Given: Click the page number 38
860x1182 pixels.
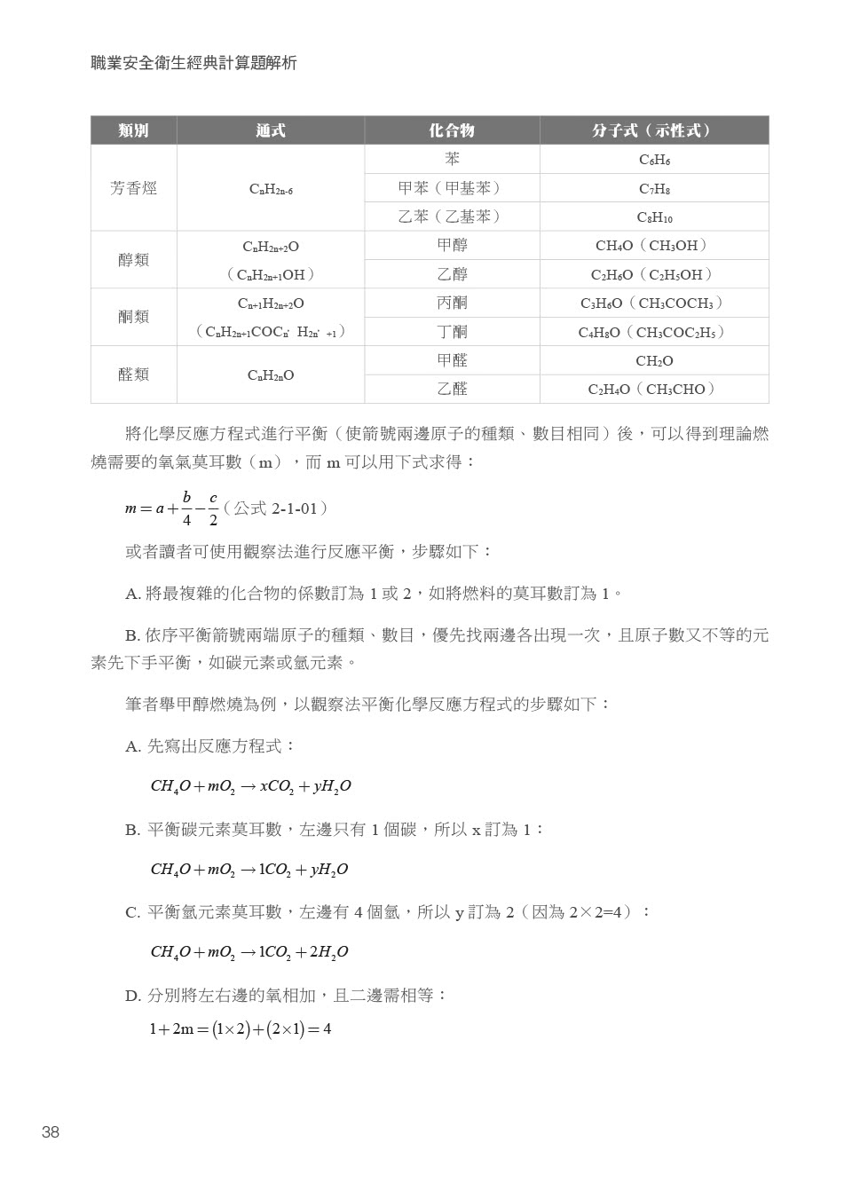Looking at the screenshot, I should coord(51,1131).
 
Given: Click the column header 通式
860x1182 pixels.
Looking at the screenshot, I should coord(271,130).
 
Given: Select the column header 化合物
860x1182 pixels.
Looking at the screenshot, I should coord(452,130).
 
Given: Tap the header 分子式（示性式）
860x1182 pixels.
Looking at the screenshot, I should coord(653,130).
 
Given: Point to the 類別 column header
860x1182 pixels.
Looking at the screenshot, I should coord(134,130).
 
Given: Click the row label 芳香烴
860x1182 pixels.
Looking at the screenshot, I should coord(134,188).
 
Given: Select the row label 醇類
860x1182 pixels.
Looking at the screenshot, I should coord(134,260).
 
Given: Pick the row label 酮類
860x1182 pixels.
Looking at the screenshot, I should coord(134,317).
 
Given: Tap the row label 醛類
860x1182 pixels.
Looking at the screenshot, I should coord(134,374).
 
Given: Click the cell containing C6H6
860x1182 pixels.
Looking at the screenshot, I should coord(654,160).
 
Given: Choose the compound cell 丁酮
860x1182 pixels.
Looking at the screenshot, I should coord(452,332).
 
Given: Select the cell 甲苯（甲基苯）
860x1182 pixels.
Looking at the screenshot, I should coord(452,188).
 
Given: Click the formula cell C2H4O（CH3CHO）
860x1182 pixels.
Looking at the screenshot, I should coord(653,390).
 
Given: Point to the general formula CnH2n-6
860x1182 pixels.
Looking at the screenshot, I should coord(271,189).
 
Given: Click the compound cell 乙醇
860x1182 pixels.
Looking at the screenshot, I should coord(452,274).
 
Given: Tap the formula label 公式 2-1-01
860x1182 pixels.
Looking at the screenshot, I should coord(275,508).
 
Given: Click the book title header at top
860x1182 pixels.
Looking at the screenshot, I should coord(193,63).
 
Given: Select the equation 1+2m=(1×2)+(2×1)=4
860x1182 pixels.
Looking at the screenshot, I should coord(240,1029).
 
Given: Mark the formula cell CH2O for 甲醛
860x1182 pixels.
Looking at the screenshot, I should coord(654,361).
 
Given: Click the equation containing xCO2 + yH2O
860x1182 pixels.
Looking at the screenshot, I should coord(250,786).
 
